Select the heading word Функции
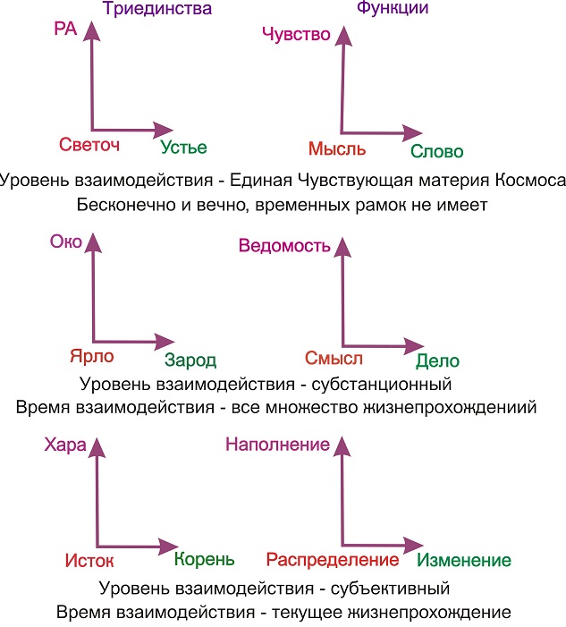(x=393, y=9)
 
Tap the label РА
(x=65, y=30)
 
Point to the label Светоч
(x=89, y=146)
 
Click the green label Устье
(x=184, y=148)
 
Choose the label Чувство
(x=296, y=35)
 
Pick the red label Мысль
(x=336, y=148)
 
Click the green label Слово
(x=437, y=152)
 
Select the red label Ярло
(x=91, y=356)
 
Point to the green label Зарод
(x=190, y=360)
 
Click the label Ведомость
(x=285, y=247)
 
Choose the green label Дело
(x=437, y=361)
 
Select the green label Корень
(x=204, y=560)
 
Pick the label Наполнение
(x=278, y=444)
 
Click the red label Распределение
(x=332, y=560)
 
